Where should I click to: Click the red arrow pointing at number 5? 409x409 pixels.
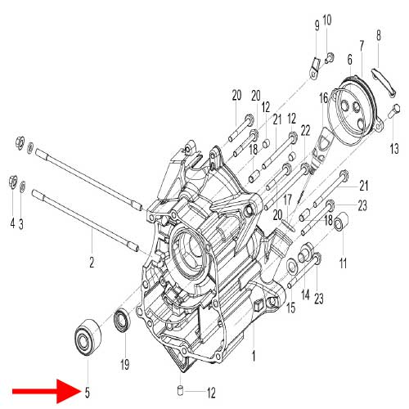pyautogui.click(x=46, y=392)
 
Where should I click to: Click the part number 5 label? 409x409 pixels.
pyautogui.click(x=87, y=393)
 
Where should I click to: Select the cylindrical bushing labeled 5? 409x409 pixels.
pyautogui.click(x=88, y=336)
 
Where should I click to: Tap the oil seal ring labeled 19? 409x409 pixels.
pyautogui.click(x=122, y=320)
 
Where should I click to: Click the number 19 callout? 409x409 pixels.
pyautogui.click(x=125, y=364)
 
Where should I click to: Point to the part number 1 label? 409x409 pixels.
pyautogui.click(x=254, y=356)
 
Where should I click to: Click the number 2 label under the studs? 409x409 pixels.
pyautogui.click(x=92, y=262)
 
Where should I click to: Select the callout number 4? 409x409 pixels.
pyautogui.click(x=12, y=223)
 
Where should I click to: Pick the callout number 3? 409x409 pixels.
pyautogui.click(x=21, y=223)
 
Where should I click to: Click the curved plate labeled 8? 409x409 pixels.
pyautogui.click(x=383, y=81)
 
